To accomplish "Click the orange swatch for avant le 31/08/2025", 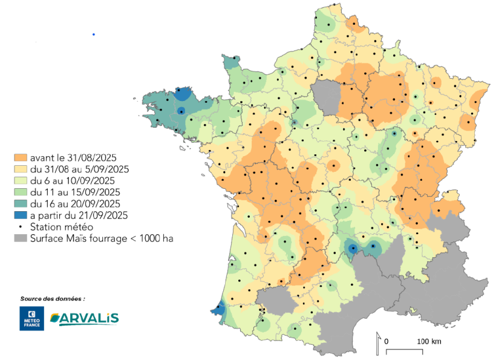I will click(21, 158).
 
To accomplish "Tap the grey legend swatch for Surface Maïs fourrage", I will click(21, 238).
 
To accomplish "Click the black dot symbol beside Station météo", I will click(21, 227).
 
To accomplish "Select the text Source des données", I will click(53, 299).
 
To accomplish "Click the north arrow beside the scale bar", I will click(378, 342).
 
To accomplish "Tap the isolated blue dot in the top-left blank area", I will click(94, 34).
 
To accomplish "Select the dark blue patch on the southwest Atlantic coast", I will click(220, 310).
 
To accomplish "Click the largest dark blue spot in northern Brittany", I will click(181, 95).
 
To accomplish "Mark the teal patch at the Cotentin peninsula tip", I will click(230, 62).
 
